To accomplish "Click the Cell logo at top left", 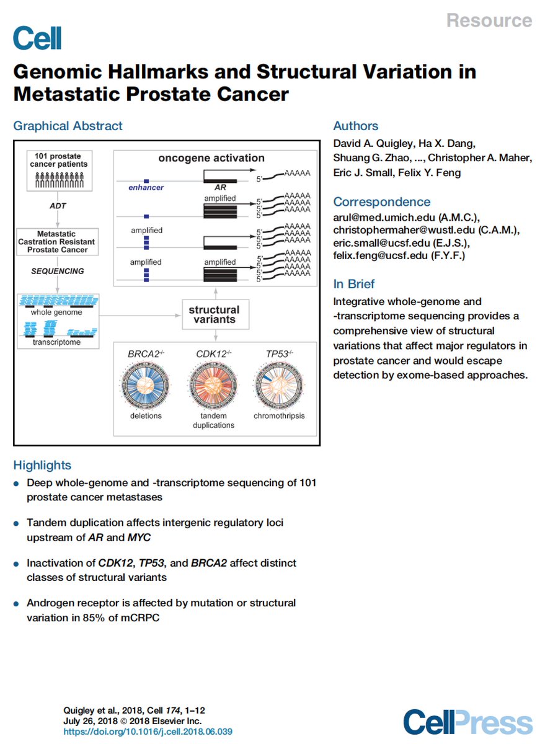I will point(38,38).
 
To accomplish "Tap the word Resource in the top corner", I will point(489,20).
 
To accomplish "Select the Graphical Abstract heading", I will point(68,126).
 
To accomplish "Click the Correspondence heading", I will point(381,201).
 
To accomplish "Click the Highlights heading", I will point(42,465).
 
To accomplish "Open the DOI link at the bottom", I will point(148,732).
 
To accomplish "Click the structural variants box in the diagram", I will point(214,315).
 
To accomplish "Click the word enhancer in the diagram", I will point(146,187).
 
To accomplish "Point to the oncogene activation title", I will point(211,158).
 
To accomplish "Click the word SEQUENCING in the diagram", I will point(58,271).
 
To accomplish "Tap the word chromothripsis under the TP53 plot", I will point(279,416).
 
